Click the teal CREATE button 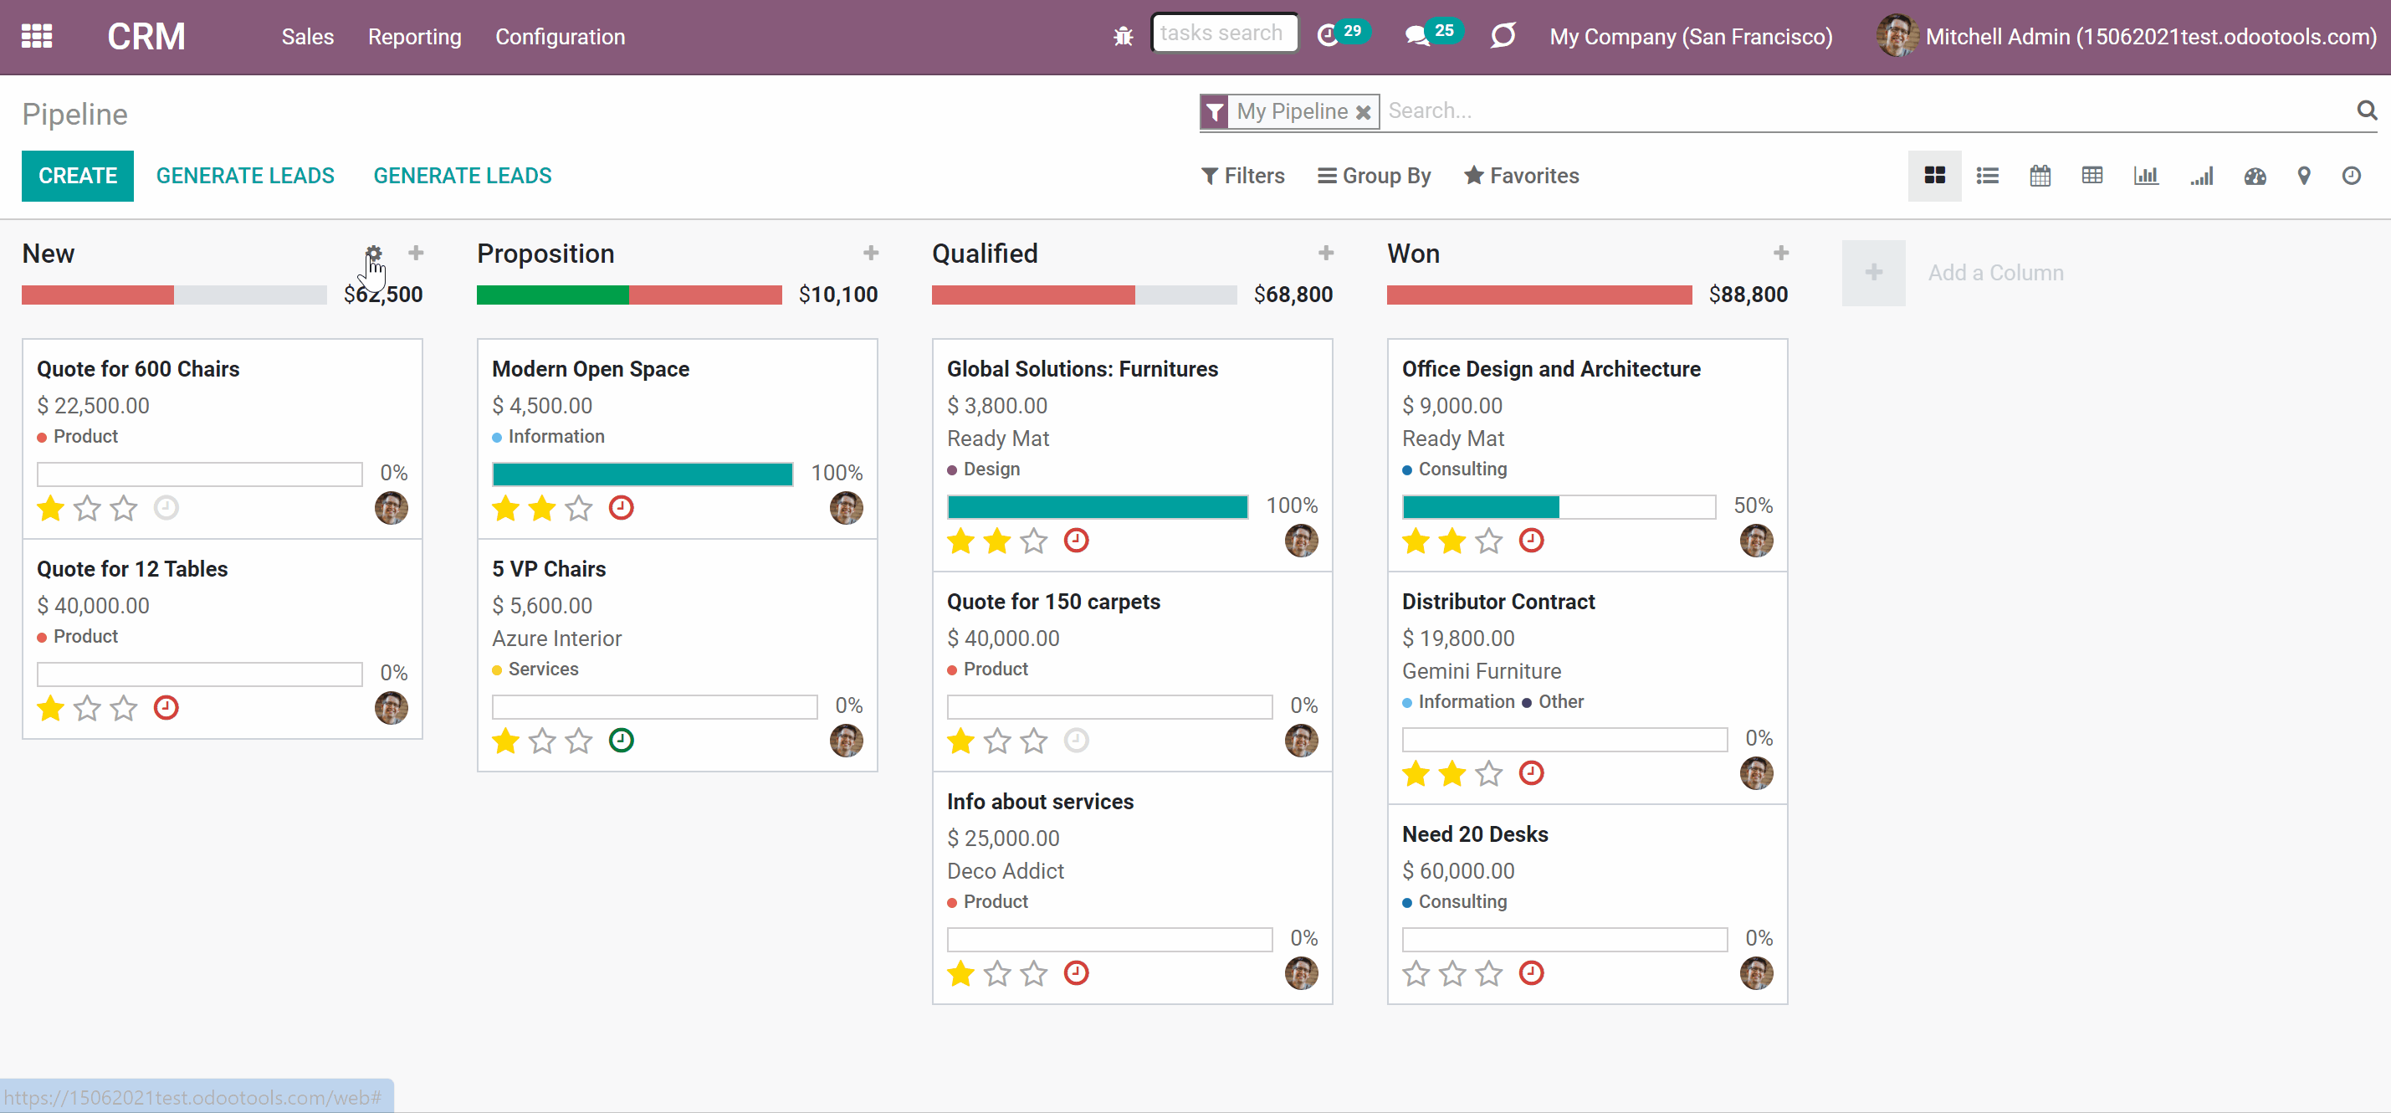(x=78, y=176)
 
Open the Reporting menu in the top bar (x=414, y=37)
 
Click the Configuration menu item (x=560, y=37)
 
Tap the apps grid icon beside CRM (x=37, y=36)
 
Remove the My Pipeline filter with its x (x=1364, y=112)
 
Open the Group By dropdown (x=1375, y=176)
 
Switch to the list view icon (x=1987, y=176)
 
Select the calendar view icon (x=2040, y=176)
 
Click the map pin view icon (x=2304, y=176)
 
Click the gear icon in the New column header (x=373, y=254)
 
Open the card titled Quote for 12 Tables (x=133, y=569)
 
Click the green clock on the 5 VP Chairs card (x=621, y=741)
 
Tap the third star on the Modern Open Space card (x=578, y=509)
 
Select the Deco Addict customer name (x=1006, y=870)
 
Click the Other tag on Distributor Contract (x=1561, y=702)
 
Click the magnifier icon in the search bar (x=2367, y=110)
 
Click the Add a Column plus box (x=1874, y=273)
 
